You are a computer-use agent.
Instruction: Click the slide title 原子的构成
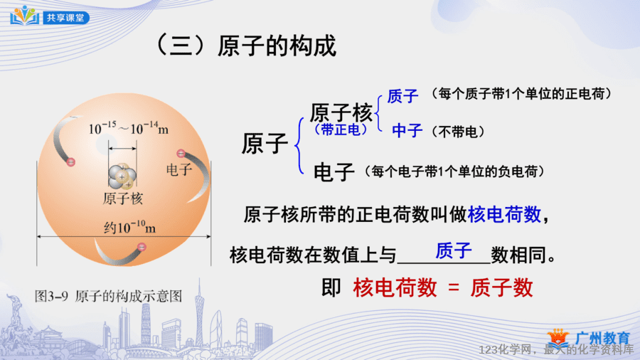click(x=277, y=46)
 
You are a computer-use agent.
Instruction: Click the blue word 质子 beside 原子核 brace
click(x=403, y=96)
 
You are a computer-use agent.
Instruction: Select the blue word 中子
click(x=407, y=131)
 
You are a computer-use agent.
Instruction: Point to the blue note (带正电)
click(x=341, y=129)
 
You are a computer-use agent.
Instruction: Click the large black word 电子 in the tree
click(x=334, y=172)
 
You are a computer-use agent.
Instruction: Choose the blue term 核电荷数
click(x=504, y=214)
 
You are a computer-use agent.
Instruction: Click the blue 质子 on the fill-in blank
click(x=454, y=250)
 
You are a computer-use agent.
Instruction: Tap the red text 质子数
click(x=501, y=287)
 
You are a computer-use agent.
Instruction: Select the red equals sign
click(x=454, y=287)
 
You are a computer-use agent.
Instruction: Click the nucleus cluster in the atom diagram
click(x=122, y=176)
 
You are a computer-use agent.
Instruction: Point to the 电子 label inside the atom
click(x=179, y=169)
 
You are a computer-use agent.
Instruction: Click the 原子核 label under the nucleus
click(x=122, y=198)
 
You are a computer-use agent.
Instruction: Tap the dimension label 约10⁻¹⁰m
click(x=130, y=227)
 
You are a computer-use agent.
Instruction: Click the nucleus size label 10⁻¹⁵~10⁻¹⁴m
click(x=129, y=129)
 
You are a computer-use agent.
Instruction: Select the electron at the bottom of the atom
click(x=142, y=247)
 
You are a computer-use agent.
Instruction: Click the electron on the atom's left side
click(x=71, y=162)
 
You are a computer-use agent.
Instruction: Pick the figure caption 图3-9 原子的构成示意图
click(x=108, y=296)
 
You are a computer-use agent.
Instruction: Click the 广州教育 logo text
click(x=602, y=338)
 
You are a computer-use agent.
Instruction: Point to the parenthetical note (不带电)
click(x=458, y=132)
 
